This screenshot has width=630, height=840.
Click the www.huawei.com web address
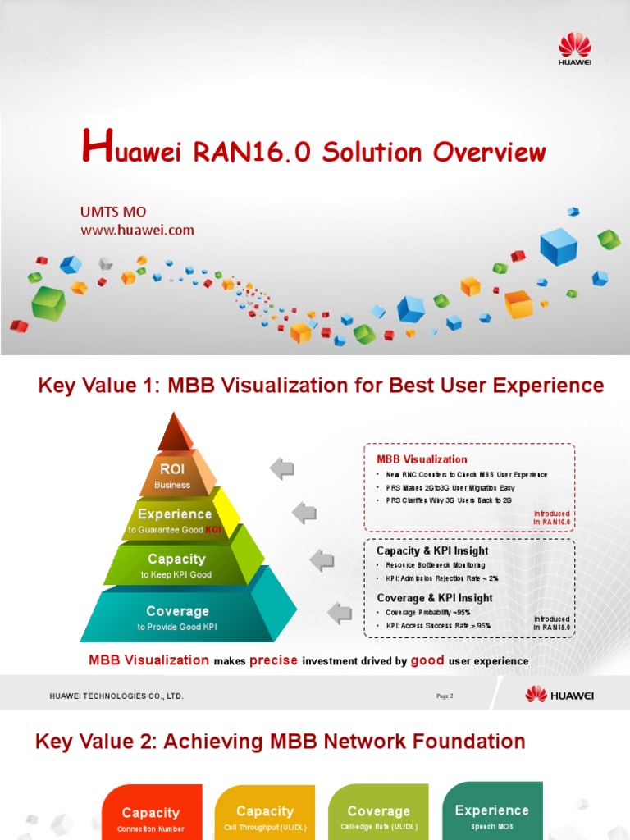coord(137,230)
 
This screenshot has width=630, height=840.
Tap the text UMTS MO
coord(113,212)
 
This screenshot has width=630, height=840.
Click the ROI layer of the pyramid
coord(172,474)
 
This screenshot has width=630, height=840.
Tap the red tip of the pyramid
coord(176,432)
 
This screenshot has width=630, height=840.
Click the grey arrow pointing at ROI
coord(282,469)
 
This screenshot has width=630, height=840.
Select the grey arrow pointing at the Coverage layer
coord(340,611)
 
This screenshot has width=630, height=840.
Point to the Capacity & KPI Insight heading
coord(431,550)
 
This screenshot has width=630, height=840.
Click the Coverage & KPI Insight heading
coord(434,598)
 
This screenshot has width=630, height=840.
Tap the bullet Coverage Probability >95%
coord(427,613)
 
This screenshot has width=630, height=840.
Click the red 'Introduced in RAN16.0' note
coord(551,518)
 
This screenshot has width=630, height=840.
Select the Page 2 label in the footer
coord(445,696)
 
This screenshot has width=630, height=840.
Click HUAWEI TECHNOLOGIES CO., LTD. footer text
coord(116,696)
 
